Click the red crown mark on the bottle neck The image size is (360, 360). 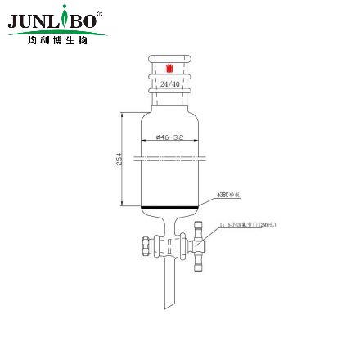169,69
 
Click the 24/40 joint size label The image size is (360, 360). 169,83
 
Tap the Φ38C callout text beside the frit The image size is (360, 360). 227,194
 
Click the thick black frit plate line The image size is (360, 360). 169,206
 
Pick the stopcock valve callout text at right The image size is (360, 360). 246,223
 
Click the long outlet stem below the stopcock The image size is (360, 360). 169,282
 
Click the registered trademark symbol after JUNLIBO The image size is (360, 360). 101,13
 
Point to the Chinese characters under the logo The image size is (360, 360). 56,39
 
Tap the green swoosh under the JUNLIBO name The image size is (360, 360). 57,32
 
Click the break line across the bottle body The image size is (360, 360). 169,153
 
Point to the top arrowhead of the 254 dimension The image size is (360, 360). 124,116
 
